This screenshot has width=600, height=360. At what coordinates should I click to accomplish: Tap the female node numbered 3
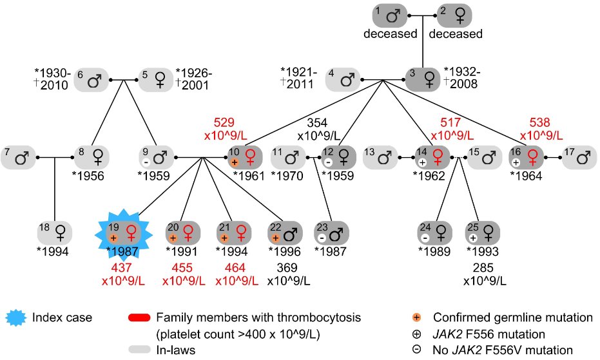pyautogui.click(x=423, y=80)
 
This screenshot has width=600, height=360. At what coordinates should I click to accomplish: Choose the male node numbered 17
pyautogui.click(x=581, y=156)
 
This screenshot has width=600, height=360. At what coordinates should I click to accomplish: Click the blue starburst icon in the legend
pyautogui.click(x=19, y=317)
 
